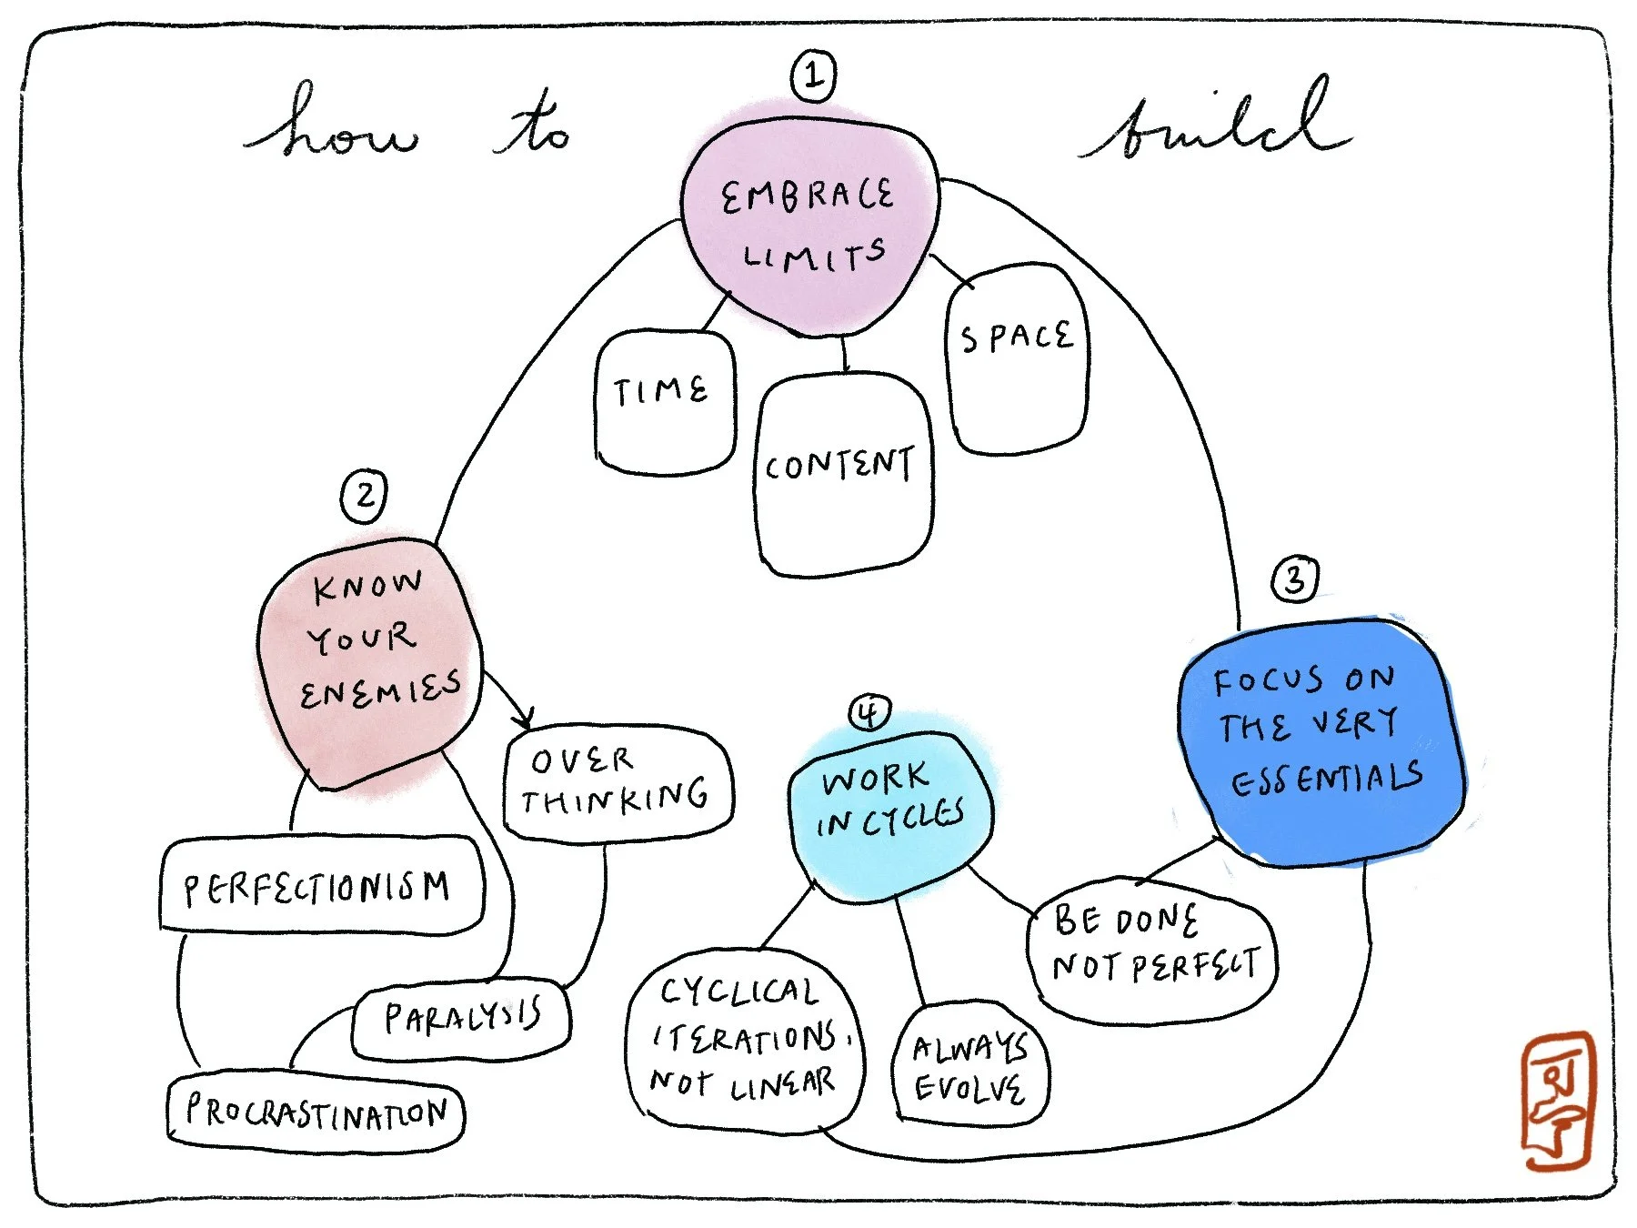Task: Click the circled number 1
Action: [813, 75]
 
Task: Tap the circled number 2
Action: [364, 496]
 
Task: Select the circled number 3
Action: [1295, 579]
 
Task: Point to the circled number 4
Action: [869, 712]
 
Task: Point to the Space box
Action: [1017, 357]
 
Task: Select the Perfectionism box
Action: [321, 885]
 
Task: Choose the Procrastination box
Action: [316, 1112]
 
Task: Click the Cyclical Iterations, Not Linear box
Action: [745, 1040]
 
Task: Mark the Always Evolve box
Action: [970, 1063]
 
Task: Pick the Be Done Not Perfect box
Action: [1153, 948]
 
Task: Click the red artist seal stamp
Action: [1558, 1100]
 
